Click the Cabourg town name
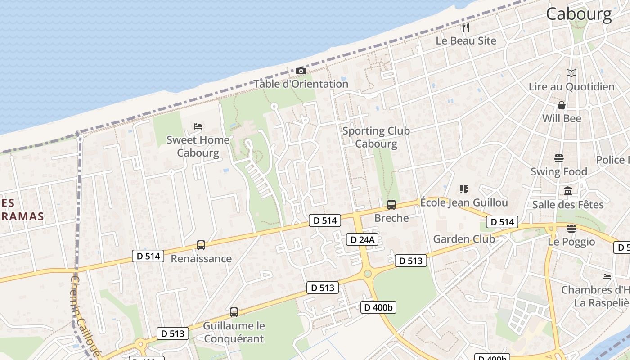(x=579, y=14)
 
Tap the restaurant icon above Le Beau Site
(x=466, y=27)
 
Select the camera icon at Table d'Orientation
(x=301, y=71)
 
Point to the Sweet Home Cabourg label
(x=198, y=146)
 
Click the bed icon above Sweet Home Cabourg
(x=198, y=126)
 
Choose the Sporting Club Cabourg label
(x=376, y=137)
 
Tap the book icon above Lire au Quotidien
(x=571, y=73)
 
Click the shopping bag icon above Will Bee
(x=562, y=105)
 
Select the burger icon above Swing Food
(x=559, y=158)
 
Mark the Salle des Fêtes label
(x=568, y=205)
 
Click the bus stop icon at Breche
(x=391, y=205)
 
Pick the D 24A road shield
(x=361, y=239)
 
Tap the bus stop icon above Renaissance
(x=201, y=245)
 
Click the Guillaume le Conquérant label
(x=234, y=332)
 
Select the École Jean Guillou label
(x=464, y=202)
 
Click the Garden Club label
(x=464, y=239)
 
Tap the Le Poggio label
(x=571, y=242)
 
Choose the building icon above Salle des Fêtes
(x=568, y=191)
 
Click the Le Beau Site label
(x=466, y=40)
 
